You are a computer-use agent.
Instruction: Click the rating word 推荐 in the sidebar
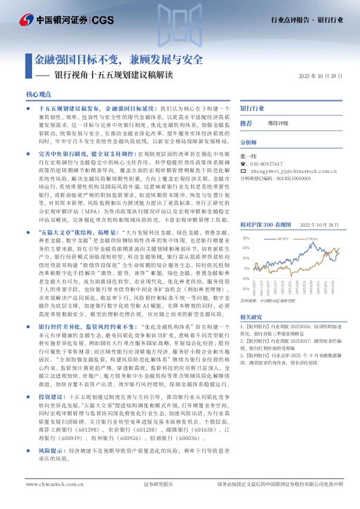click(246, 123)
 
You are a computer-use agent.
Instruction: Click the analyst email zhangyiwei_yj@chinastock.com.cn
click(289, 171)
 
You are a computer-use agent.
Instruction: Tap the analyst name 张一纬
click(249, 155)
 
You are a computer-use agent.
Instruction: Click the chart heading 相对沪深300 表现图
click(265, 224)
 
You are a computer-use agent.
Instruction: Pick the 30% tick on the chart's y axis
click(246, 239)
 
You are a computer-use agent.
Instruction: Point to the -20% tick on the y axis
click(245, 279)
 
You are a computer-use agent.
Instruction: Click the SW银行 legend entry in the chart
click(283, 239)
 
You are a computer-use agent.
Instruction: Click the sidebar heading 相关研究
click(251, 317)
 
